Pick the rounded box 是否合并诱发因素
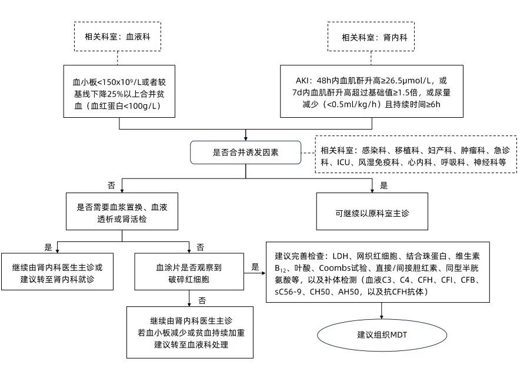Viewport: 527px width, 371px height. click(245, 152)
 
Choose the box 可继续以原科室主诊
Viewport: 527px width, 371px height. click(371, 211)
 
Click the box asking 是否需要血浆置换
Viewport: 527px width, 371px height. click(121, 212)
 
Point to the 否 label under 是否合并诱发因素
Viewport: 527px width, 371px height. click(112, 185)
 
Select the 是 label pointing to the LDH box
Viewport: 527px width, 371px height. click(255, 266)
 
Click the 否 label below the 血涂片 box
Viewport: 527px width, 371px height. click(201, 300)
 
